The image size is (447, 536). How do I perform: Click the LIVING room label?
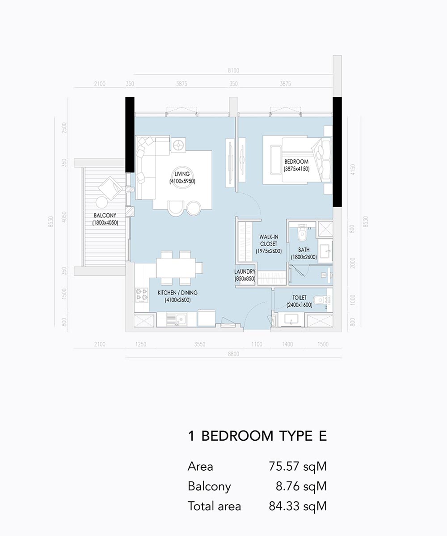coord(182,174)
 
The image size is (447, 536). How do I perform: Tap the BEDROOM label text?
coord(296,162)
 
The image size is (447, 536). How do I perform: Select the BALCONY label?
coord(105,215)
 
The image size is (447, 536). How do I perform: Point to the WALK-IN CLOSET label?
coord(269,240)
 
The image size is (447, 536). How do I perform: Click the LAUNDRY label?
coord(245,272)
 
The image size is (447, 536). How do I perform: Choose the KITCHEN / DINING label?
coord(177,293)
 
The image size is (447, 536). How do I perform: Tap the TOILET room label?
coord(299,298)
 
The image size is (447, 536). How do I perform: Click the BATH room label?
coord(304,250)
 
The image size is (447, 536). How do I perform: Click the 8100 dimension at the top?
coord(234,70)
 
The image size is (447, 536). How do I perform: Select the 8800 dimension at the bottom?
coord(234,354)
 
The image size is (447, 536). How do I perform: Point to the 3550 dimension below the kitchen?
coord(200,344)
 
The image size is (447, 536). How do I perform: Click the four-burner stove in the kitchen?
coord(142,295)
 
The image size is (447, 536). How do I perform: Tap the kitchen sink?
coord(176,319)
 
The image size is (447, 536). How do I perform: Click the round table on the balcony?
coord(102,202)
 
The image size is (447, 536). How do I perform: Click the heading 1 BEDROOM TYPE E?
coord(257,436)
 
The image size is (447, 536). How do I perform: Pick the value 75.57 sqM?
coord(298,467)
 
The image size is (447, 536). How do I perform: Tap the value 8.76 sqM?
coord(301,486)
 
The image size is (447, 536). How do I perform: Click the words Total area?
coord(215,506)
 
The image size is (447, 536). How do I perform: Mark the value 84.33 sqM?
coord(298,506)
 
